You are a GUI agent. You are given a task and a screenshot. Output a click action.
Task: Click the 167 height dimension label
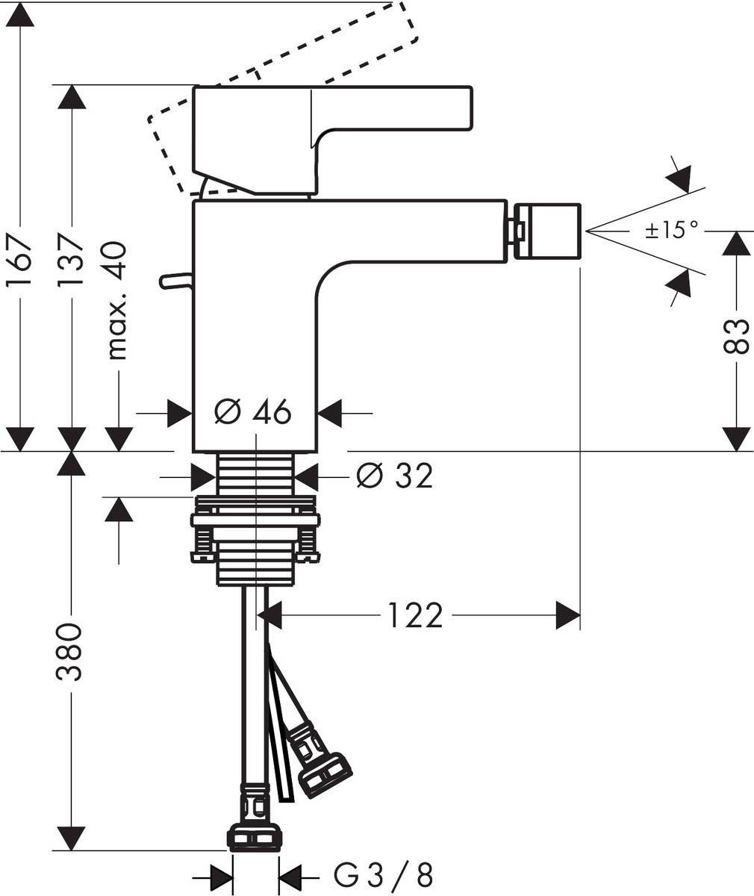click(x=19, y=261)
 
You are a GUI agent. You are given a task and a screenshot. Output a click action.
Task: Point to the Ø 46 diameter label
click(x=253, y=411)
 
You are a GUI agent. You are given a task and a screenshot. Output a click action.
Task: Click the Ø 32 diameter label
click(x=394, y=476)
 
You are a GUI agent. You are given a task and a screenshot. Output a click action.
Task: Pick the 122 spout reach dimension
click(x=415, y=616)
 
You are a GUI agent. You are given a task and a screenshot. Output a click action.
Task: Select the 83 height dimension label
click(x=737, y=336)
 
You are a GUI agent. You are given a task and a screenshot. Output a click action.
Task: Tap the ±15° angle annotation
click(x=672, y=229)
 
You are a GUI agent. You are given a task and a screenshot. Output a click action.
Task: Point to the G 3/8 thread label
click(x=383, y=874)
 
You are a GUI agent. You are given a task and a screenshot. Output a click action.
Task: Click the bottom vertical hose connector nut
click(x=255, y=836)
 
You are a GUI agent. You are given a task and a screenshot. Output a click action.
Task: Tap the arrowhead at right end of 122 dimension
click(x=569, y=617)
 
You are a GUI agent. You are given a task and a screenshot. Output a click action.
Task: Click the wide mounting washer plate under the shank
click(x=255, y=520)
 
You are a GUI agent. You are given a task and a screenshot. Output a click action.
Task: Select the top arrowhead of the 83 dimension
click(x=737, y=243)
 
